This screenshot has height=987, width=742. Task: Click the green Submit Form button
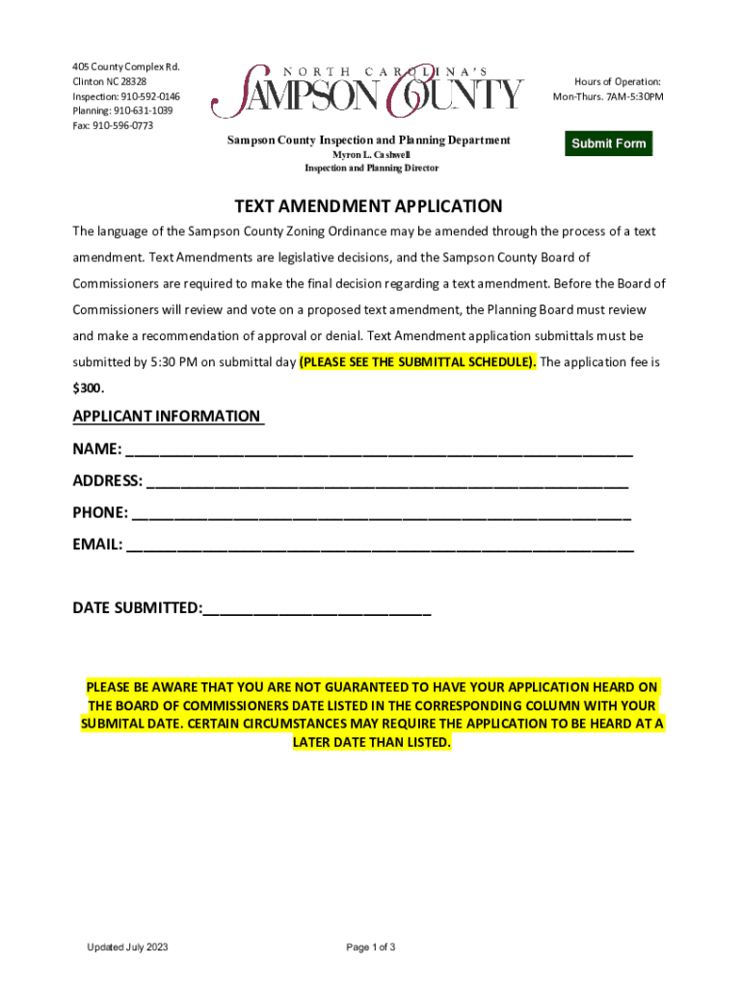point(609,144)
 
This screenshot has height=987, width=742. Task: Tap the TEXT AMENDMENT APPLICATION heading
point(369,206)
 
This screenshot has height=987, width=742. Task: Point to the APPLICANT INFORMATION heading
point(167,416)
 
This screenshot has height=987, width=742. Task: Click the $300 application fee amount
point(88,388)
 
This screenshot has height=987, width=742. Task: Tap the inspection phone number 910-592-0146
point(149,97)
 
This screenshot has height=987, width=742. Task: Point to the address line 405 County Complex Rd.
point(126,67)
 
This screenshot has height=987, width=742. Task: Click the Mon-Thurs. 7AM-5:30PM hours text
point(607,97)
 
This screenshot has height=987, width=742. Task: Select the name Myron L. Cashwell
point(371,155)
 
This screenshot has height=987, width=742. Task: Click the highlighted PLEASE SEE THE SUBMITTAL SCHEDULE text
point(418,362)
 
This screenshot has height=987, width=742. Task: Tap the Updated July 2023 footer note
point(127,947)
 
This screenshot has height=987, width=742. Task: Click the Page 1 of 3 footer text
point(371,947)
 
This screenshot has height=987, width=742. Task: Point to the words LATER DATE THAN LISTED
point(371,743)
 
